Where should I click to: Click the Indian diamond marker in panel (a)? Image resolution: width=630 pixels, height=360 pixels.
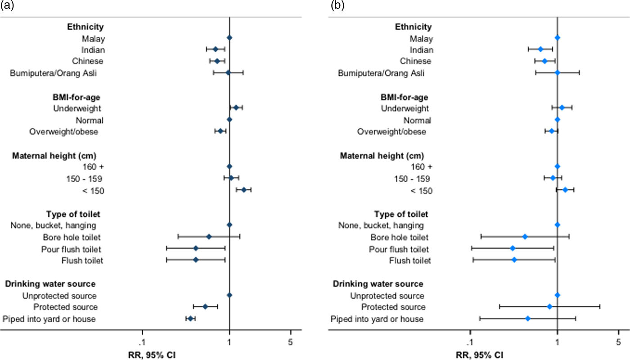[215, 49]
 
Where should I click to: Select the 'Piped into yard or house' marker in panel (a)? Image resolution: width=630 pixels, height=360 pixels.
[190, 319]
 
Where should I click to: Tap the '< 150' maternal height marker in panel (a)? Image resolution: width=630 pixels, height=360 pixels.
[244, 190]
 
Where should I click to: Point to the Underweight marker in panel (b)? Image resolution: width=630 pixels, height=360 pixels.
[562, 108]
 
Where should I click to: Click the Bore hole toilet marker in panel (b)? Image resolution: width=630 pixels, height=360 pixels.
[525, 236]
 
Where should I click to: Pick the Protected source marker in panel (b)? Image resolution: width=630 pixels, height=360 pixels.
[549, 306]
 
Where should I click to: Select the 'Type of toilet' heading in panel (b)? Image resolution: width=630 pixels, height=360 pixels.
[401, 214]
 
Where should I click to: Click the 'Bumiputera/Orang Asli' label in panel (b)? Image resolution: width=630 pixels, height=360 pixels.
[381, 73]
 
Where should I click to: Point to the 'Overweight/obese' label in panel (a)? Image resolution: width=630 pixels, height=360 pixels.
[64, 131]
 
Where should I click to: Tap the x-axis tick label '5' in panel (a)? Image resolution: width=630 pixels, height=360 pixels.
[291, 342]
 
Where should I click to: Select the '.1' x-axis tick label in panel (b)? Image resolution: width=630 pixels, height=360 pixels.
[470, 342]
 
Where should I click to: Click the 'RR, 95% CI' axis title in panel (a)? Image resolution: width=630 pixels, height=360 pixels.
[152, 355]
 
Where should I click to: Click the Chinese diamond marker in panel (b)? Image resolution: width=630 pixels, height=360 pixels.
[544, 61]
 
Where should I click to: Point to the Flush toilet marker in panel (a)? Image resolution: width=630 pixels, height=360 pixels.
[196, 260]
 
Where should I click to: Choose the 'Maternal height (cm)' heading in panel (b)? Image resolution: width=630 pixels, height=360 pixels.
[381, 156]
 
